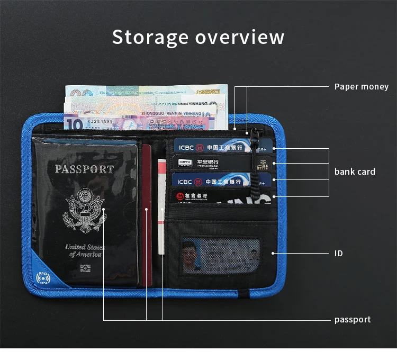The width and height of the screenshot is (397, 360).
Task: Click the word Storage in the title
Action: [150, 38]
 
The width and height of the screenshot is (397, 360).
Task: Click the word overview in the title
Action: [240, 38]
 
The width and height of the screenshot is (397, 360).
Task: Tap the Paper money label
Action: [361, 86]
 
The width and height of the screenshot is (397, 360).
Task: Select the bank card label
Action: [355, 172]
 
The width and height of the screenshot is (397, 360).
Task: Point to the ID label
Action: [339, 254]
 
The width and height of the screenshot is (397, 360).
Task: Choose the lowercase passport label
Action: [353, 319]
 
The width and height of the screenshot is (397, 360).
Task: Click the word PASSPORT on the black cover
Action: [84, 169]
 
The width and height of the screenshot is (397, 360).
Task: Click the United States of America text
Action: [85, 250]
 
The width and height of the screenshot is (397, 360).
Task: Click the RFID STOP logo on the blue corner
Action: [42, 278]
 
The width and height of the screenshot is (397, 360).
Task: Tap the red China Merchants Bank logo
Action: [181, 196]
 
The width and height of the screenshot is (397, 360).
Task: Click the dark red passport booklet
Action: [147, 212]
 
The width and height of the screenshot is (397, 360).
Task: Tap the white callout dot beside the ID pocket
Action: [274, 254]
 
